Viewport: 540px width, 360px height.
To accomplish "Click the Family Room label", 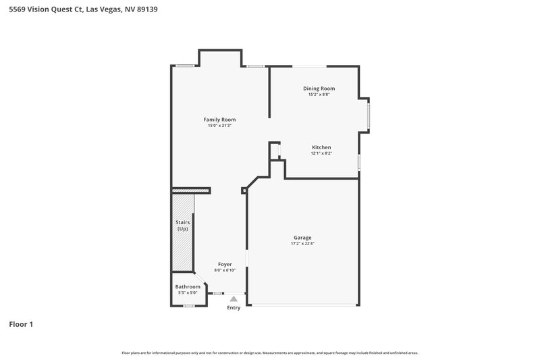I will point(219,120).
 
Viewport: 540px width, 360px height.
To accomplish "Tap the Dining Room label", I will point(319,88).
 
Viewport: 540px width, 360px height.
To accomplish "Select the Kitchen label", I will point(321,147).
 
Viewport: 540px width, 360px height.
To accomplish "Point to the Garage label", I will point(302,238).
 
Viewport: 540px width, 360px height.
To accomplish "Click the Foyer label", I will point(225,264).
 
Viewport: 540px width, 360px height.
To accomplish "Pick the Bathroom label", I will point(188,286).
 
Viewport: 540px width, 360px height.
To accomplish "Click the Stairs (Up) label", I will point(182,226).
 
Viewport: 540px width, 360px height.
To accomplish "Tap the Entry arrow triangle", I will point(234,298).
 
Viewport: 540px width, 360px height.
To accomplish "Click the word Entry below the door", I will point(234,307).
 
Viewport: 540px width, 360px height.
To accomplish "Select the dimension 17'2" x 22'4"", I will point(302,244).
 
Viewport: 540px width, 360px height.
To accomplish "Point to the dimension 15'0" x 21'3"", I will point(219,126).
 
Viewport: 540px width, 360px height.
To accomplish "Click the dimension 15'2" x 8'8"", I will point(319,95).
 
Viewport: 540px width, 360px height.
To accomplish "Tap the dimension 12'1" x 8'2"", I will point(321,153).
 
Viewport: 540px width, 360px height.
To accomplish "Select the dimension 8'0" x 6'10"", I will point(225,270).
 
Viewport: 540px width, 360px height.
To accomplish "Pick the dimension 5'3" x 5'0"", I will point(188,292).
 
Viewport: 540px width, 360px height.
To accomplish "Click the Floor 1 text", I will point(21,324).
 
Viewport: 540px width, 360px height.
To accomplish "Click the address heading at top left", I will point(84,10).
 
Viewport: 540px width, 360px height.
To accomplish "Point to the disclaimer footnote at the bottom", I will point(269,353).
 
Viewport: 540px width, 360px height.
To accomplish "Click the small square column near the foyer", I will point(244,190).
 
